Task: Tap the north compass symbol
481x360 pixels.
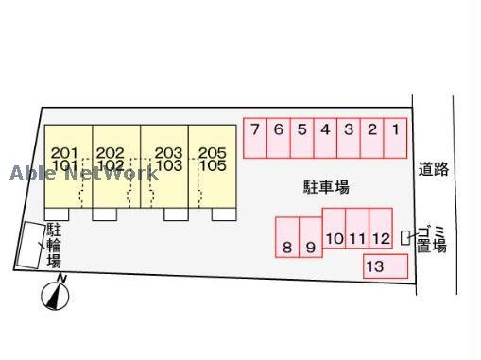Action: [57, 296]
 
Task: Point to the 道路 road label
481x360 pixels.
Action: [434, 170]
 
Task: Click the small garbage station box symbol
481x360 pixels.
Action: [405, 238]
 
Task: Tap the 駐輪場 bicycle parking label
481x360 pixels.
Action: [54, 245]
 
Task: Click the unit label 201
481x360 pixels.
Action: [64, 152]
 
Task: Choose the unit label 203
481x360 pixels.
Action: [168, 152]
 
